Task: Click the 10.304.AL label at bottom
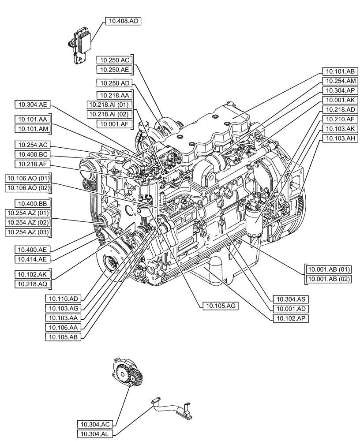point(95,434)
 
